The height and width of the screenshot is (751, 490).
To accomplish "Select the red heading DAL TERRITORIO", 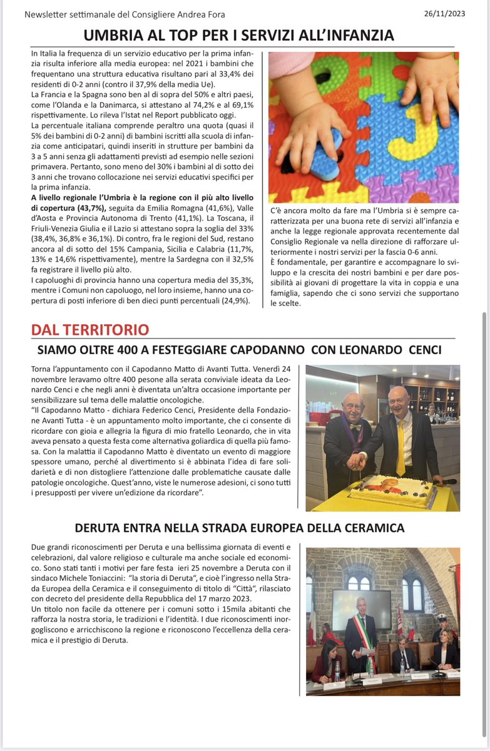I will [90, 330].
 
